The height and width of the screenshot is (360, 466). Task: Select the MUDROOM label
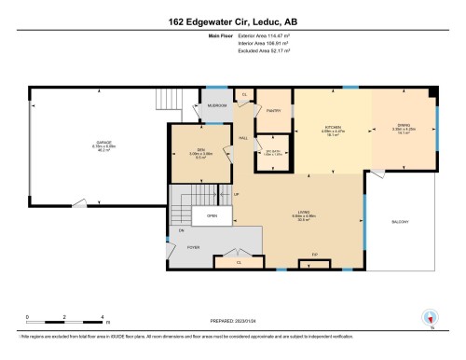click(x=216, y=105)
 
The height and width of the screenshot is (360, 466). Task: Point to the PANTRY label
click(x=274, y=110)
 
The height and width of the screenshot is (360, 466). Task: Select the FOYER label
click(x=193, y=247)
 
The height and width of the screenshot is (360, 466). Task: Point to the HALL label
click(x=243, y=138)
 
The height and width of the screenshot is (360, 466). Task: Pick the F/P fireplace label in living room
click(x=314, y=254)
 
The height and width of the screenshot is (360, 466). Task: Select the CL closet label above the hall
click(x=243, y=95)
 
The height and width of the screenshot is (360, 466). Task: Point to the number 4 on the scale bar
click(x=103, y=318)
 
